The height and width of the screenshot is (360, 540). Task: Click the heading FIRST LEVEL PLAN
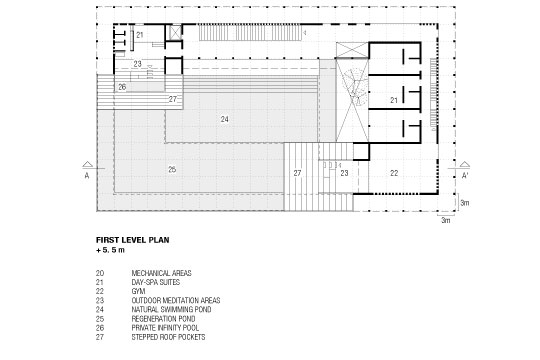(x=133, y=240)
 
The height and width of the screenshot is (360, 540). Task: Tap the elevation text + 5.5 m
(x=110, y=250)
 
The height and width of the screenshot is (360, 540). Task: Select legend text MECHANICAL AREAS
(x=161, y=273)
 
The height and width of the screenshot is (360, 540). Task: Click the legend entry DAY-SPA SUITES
(x=156, y=282)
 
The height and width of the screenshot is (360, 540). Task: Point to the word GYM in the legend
(x=138, y=291)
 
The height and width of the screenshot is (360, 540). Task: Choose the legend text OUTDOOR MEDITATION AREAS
(x=176, y=300)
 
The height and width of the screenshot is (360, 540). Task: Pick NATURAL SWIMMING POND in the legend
(x=171, y=309)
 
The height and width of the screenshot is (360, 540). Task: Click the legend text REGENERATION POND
(x=163, y=319)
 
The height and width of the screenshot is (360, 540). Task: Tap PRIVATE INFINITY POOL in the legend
(x=165, y=328)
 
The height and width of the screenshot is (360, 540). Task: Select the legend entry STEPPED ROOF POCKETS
(x=168, y=337)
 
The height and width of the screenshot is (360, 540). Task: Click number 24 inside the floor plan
(x=225, y=119)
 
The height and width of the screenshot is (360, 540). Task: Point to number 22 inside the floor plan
(x=394, y=173)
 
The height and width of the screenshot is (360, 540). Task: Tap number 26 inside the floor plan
(x=122, y=87)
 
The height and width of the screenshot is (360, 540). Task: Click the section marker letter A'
(x=465, y=176)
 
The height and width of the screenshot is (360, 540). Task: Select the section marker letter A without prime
(x=87, y=176)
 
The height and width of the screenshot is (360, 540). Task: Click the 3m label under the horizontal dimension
(x=446, y=220)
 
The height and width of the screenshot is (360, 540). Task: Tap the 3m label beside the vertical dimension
(x=465, y=203)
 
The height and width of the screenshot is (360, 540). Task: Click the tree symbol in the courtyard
(x=352, y=86)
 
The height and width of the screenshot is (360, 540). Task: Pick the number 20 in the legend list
(x=100, y=273)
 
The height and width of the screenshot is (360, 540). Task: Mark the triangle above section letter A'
(x=465, y=165)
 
